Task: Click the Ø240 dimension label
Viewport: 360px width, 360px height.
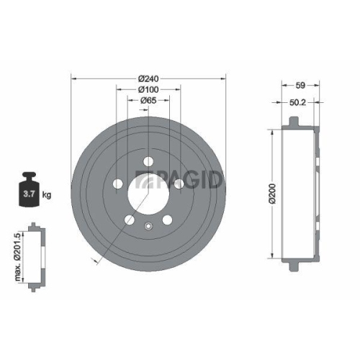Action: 148,78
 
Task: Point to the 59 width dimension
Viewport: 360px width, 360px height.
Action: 292,83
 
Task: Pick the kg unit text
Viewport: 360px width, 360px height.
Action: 47,194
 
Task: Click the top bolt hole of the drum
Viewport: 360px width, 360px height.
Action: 149,162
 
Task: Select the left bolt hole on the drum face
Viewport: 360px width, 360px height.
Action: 117,184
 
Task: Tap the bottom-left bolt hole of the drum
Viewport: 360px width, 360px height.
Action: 129,220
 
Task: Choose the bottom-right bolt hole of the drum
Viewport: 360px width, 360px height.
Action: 167,220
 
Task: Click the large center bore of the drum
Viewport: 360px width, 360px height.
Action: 148,194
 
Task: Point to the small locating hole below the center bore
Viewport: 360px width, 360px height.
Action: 148,227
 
